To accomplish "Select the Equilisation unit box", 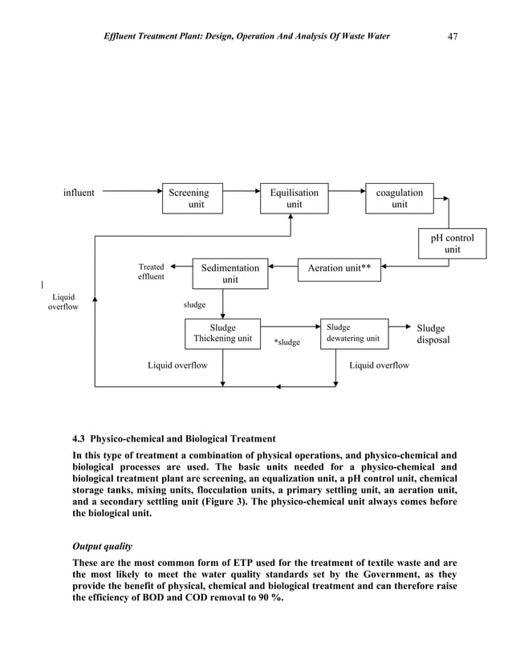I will [x=295, y=198].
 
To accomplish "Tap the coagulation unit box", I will [x=399, y=198].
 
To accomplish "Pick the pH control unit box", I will [x=453, y=244].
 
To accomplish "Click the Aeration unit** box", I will [x=339, y=268].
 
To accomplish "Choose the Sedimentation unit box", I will [x=230, y=274].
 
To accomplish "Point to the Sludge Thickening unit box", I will [x=222, y=333].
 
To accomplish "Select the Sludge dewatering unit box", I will [x=354, y=333].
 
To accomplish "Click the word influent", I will [x=79, y=193].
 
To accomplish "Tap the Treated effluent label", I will [x=151, y=272].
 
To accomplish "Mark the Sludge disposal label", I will [x=432, y=334].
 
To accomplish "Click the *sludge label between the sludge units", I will [x=286, y=343].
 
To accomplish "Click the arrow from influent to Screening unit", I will [x=132, y=192].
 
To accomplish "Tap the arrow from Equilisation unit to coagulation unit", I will [x=347, y=192].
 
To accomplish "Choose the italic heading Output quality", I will [x=103, y=547].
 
